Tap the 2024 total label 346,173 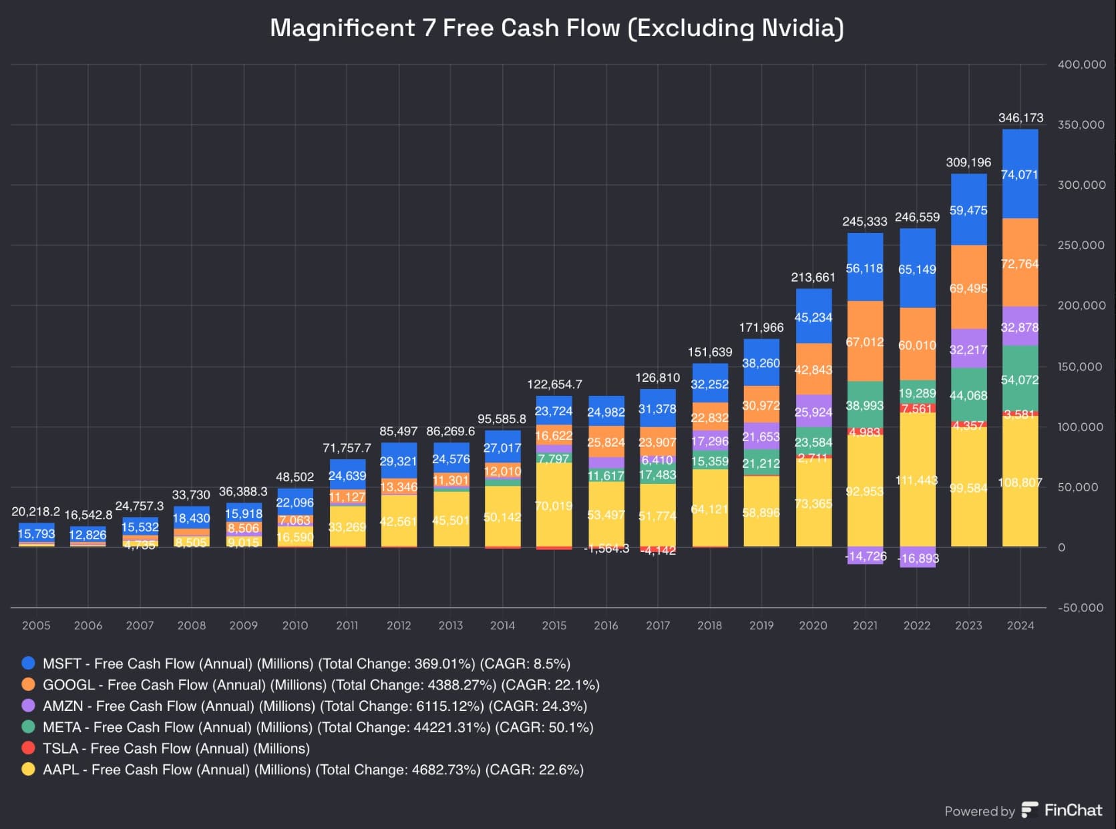click(x=1020, y=118)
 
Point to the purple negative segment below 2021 click(x=865, y=556)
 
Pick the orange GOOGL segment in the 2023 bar click(x=968, y=287)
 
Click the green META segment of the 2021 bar click(x=865, y=404)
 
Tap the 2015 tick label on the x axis click(x=554, y=625)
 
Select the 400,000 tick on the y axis click(x=1081, y=65)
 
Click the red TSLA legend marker click(x=28, y=748)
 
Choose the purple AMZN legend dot click(x=28, y=706)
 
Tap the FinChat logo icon click(x=1030, y=810)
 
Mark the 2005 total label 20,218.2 click(x=35, y=512)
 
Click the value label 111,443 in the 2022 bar click(x=917, y=481)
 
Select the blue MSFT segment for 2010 click(x=295, y=502)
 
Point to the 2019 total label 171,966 click(x=761, y=328)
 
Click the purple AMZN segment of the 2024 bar click(x=1020, y=326)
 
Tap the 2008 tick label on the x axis click(x=192, y=625)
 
